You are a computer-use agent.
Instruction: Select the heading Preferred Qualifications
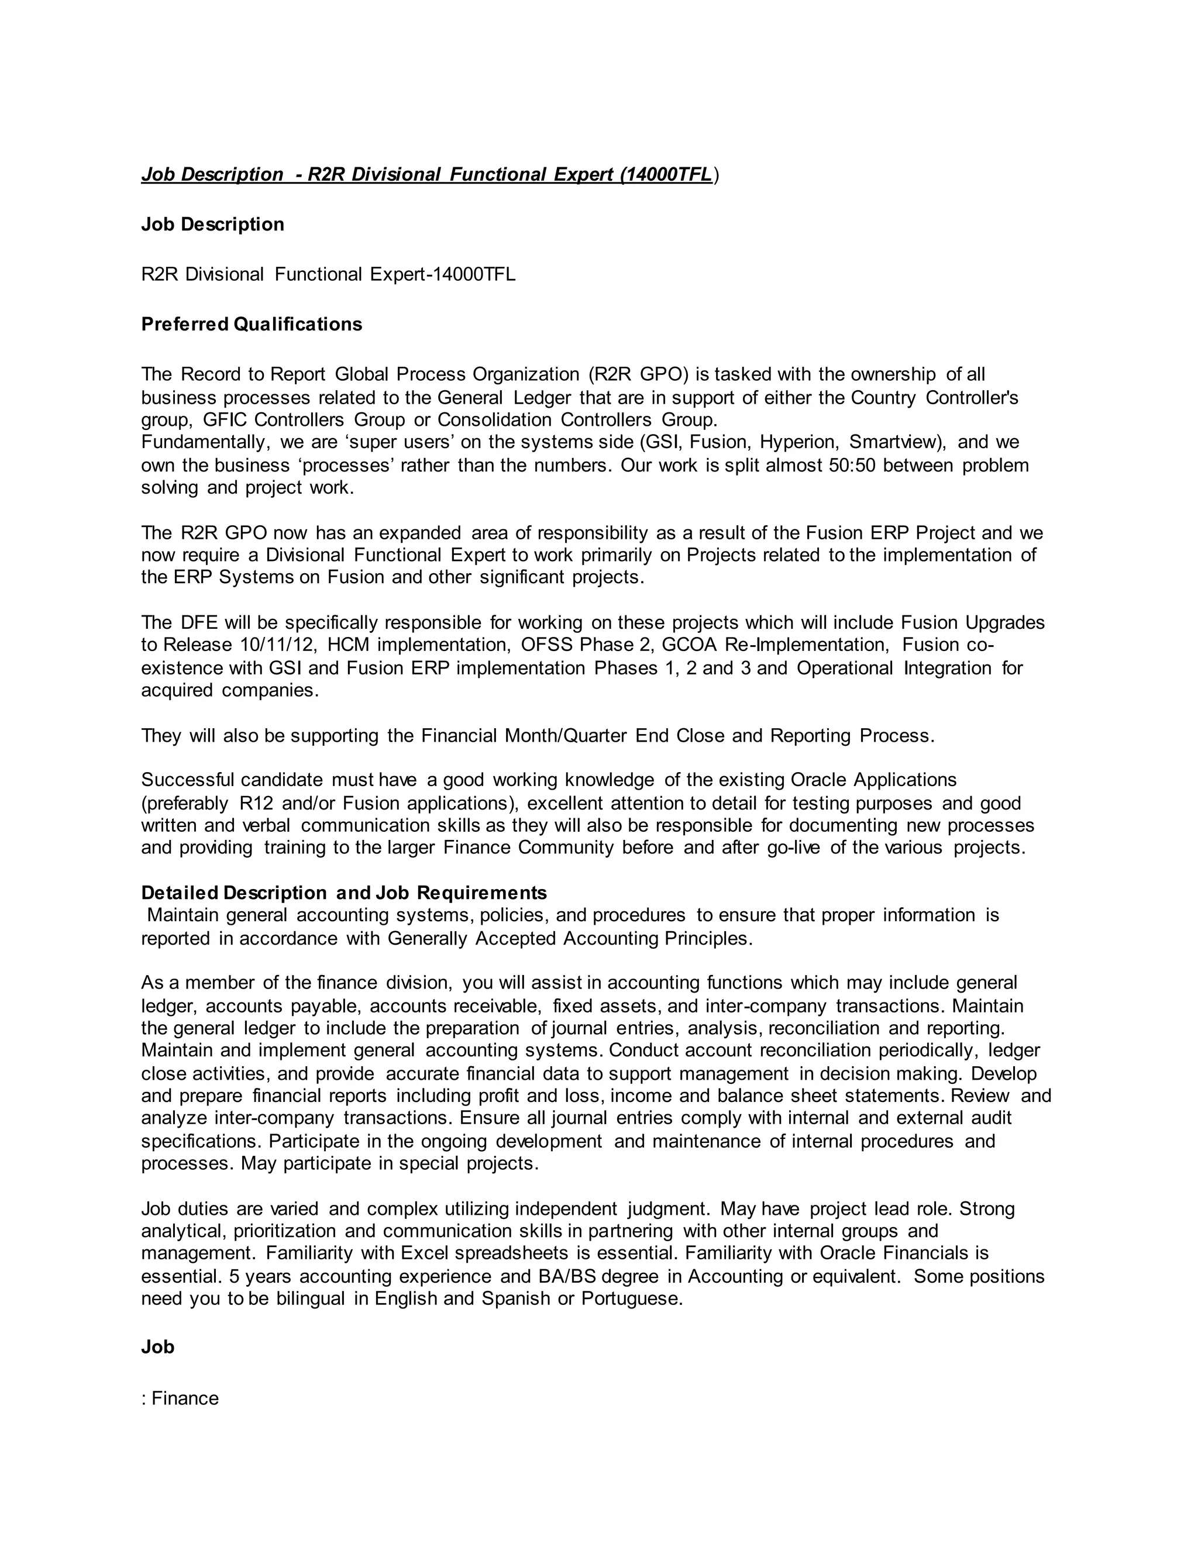pyautogui.click(x=251, y=325)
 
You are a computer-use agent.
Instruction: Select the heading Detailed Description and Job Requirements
pyautogui.click(x=344, y=893)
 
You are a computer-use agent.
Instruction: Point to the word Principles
pyautogui.click(x=707, y=938)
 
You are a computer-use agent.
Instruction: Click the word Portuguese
pyautogui.click(x=631, y=1298)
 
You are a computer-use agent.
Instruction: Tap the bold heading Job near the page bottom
pyautogui.click(x=157, y=1347)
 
